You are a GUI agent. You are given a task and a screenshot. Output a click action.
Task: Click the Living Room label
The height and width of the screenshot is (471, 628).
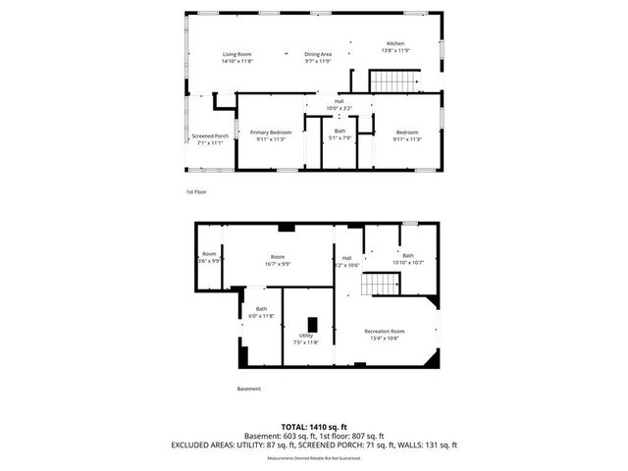(x=236, y=58)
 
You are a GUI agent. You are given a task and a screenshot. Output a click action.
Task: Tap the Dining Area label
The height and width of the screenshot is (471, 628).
(x=317, y=58)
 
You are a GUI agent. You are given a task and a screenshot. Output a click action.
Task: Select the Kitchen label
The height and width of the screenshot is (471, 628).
(x=394, y=47)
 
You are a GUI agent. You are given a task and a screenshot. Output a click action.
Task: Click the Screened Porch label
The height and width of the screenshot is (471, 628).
(x=209, y=139)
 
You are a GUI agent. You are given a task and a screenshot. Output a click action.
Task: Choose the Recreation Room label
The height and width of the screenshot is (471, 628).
(x=384, y=335)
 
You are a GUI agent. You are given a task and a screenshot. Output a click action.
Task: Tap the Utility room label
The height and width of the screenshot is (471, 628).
(x=306, y=339)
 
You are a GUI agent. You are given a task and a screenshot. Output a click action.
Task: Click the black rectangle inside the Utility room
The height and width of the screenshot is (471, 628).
(x=313, y=324)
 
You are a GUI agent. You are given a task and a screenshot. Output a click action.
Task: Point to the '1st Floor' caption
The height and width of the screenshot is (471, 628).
(x=196, y=191)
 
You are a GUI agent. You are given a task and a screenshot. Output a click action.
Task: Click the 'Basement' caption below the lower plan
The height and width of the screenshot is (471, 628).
(x=249, y=389)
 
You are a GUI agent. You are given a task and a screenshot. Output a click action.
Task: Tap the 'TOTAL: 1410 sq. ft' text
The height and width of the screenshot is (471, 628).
(x=314, y=428)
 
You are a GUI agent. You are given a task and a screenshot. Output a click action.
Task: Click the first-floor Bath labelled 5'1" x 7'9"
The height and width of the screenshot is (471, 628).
(x=340, y=134)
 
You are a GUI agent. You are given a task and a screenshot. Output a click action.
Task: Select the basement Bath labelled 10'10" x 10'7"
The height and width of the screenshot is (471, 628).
(x=407, y=259)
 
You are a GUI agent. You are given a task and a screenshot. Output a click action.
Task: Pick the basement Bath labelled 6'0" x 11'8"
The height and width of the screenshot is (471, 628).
(x=261, y=313)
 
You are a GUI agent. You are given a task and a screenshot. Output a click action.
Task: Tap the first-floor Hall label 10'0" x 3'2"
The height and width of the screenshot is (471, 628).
(x=340, y=104)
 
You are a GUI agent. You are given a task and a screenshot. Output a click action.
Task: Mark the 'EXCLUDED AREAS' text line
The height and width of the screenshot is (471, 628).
(x=314, y=445)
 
